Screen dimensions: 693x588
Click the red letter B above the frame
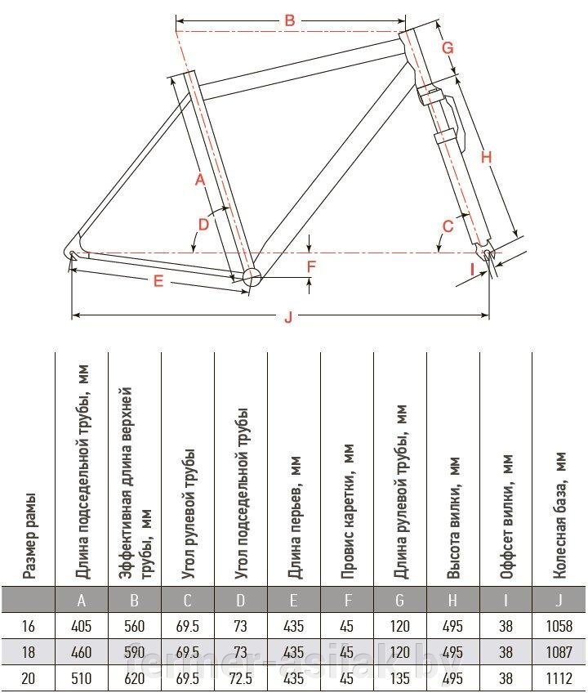click(289, 21)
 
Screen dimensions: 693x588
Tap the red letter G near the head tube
click(448, 48)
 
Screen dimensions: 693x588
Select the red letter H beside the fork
click(487, 158)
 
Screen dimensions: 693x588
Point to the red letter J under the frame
click(287, 319)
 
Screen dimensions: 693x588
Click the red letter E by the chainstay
click(159, 281)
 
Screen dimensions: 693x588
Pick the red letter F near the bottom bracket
click(311, 266)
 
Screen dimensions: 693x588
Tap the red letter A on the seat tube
click(198, 180)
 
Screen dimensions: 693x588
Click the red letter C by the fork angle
click(448, 226)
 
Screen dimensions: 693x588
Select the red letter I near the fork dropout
click(471, 267)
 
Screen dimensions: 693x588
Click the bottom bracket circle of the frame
click(251, 275)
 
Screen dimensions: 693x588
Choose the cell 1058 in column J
click(559, 627)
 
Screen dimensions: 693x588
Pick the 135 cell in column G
click(399, 678)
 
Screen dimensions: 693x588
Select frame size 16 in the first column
click(29, 627)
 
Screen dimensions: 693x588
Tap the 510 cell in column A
click(82, 678)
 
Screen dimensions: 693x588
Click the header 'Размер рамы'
click(29, 535)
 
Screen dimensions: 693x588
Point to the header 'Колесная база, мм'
click(559, 518)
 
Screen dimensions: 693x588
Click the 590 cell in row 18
click(135, 653)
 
